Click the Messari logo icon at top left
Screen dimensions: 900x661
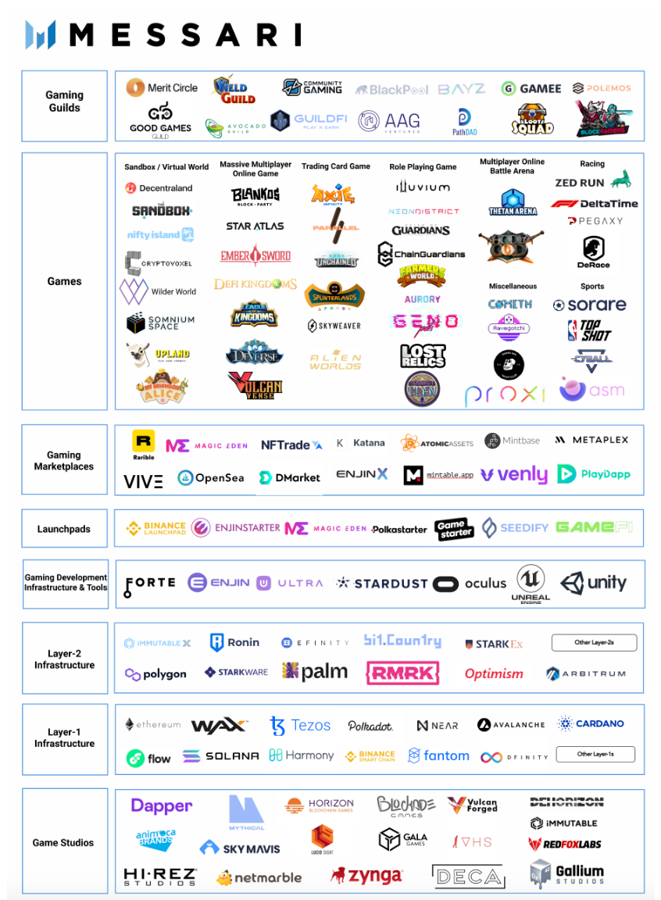[x=41, y=34]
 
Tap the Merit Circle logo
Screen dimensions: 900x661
[x=162, y=87]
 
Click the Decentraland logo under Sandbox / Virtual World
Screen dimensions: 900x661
[x=159, y=188]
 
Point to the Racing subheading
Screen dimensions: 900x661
[x=591, y=164]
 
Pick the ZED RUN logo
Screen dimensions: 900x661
[x=592, y=182]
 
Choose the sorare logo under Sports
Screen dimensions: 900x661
[x=590, y=305]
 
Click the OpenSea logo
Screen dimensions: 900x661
[x=211, y=477]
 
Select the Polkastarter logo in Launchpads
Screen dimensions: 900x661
[x=399, y=529]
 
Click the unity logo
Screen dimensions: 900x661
[x=594, y=583]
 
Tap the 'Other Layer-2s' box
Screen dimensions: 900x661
[x=594, y=643]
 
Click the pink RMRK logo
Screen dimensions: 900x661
[x=402, y=673]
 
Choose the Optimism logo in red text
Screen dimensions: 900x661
[x=494, y=673]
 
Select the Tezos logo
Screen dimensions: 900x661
[x=300, y=726]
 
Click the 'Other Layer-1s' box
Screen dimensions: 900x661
[x=595, y=755]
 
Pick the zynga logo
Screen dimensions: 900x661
[x=366, y=877]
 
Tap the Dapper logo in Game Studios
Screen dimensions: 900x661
[x=161, y=806]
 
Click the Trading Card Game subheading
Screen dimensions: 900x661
[x=336, y=166]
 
